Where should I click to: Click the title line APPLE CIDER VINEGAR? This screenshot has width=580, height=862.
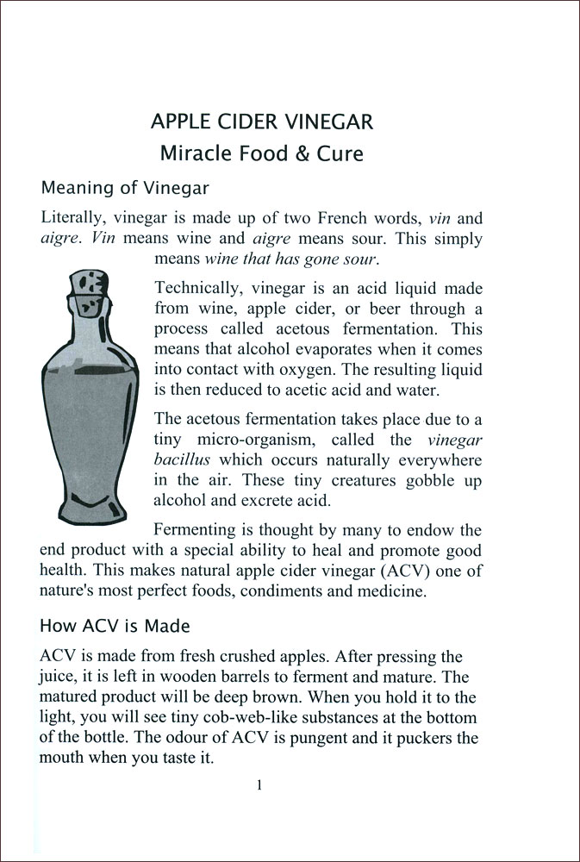point(262,122)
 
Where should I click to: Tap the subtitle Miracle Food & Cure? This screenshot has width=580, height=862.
point(262,154)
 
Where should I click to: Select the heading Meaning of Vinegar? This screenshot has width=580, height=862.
point(125,187)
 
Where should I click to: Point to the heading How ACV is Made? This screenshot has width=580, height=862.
point(115,625)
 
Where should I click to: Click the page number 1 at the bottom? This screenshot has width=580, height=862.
point(259,784)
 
